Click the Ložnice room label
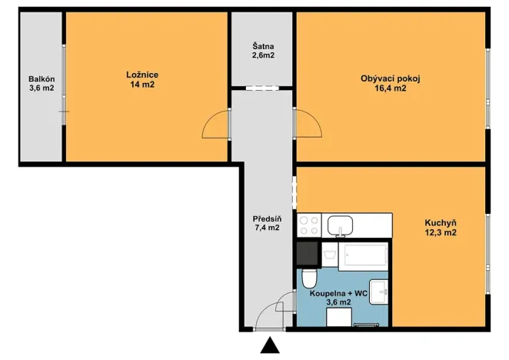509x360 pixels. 142,75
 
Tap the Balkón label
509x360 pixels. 42,78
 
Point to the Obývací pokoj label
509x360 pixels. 391,78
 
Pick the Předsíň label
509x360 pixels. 267,218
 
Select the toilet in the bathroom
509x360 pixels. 309,276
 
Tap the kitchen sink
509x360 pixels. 340,225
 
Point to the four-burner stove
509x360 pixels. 309,225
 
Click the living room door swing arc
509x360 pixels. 308,124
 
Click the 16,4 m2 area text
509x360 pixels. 391,88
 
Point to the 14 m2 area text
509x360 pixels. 142,85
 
